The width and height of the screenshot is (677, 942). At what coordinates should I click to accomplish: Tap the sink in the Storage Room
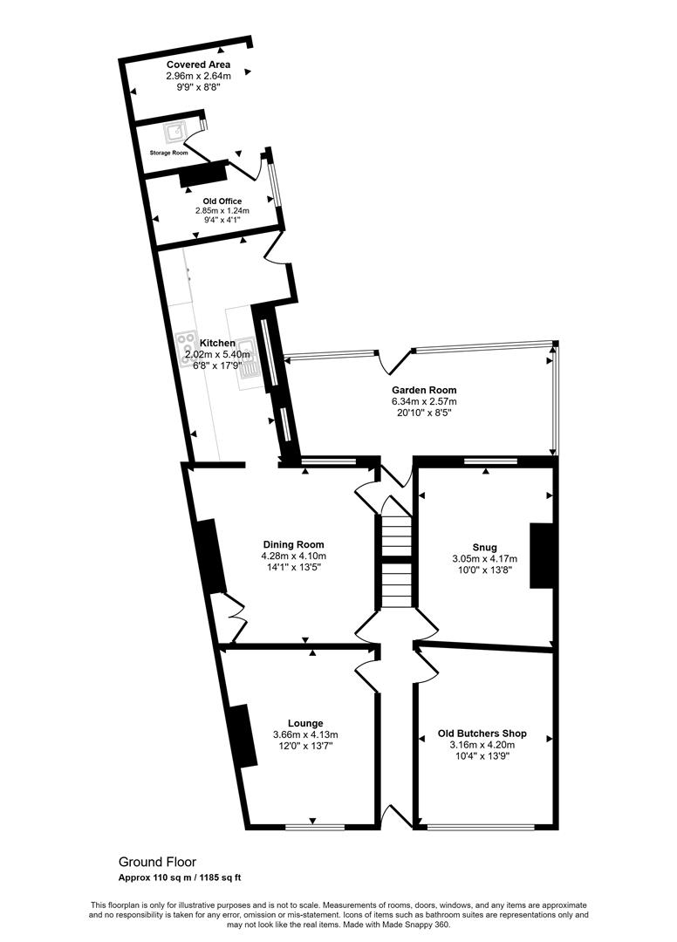(x=176, y=132)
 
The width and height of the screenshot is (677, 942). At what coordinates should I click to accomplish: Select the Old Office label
(x=222, y=201)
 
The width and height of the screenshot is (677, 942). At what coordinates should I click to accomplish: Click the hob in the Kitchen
(x=189, y=347)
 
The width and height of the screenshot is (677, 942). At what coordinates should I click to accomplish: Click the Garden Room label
(x=424, y=390)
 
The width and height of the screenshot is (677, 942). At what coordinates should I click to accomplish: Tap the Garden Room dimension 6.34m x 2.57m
(x=424, y=401)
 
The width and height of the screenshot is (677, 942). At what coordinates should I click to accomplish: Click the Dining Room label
(x=293, y=545)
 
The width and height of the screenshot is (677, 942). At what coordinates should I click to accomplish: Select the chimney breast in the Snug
(x=542, y=556)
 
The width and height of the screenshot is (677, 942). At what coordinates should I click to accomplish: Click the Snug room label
(x=484, y=548)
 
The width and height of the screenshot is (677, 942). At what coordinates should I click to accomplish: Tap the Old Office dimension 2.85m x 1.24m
(x=222, y=210)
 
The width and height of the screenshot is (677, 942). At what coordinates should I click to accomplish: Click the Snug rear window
(x=489, y=460)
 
